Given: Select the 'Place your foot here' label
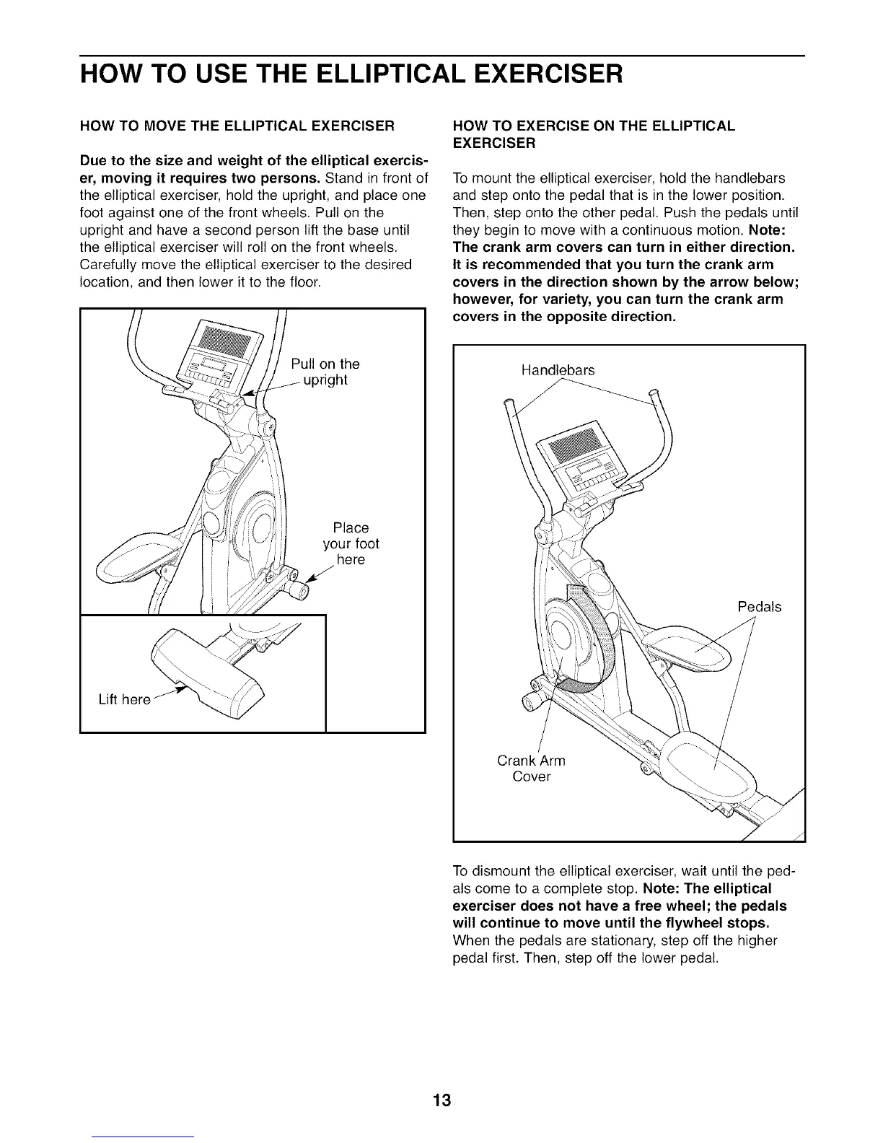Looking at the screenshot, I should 351,543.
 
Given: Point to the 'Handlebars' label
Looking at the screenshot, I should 558,370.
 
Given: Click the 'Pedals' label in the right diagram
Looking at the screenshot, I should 759,607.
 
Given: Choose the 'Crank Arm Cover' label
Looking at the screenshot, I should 532,768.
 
